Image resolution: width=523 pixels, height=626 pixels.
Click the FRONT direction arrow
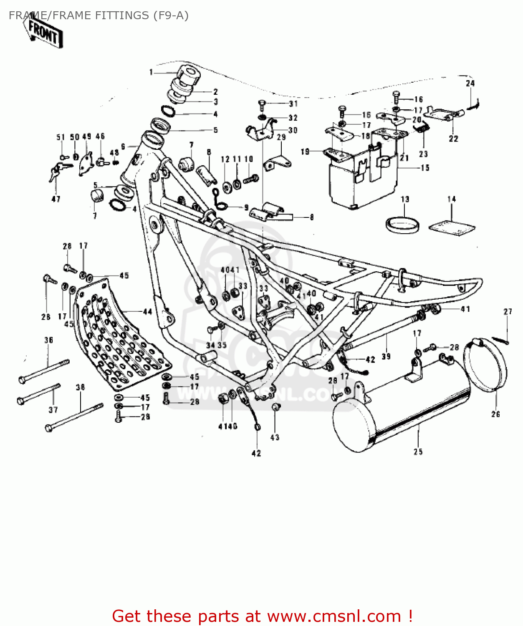pos(43,33)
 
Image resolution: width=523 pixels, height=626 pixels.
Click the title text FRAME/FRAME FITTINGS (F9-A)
pos(99,15)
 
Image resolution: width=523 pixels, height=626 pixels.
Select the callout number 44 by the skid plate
pos(147,311)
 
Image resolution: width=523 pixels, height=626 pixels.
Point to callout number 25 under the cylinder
pos(418,452)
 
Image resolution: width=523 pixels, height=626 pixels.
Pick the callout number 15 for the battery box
pos(425,168)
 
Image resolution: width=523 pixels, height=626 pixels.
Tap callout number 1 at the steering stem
pos(151,72)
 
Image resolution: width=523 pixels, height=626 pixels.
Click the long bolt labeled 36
pos(44,371)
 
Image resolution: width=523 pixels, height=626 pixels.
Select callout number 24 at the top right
pos(470,83)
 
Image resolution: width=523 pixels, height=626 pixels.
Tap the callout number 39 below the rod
pos(386,356)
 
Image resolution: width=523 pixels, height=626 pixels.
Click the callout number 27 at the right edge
pos(508,312)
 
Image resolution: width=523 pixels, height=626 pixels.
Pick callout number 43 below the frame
pos(275,437)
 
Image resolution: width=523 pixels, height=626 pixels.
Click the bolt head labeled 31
pos(262,103)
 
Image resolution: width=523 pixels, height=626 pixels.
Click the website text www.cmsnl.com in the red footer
pos(334,616)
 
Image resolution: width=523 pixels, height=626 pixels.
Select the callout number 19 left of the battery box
pos(305,151)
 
